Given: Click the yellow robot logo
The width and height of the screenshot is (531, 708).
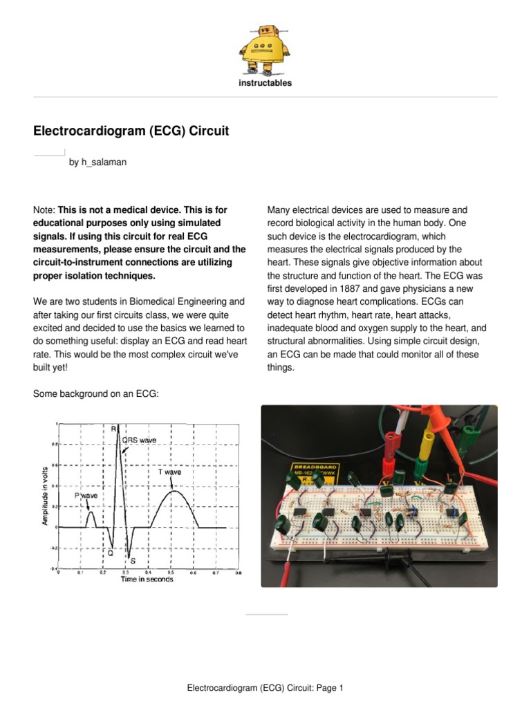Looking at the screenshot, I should [265, 49].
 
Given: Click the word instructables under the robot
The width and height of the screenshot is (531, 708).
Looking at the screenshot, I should [265, 83].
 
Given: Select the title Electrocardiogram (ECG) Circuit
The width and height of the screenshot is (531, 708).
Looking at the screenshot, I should [131, 131].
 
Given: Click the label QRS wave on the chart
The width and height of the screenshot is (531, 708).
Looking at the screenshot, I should [139, 439].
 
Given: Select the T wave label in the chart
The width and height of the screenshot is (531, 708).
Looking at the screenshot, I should [169, 472].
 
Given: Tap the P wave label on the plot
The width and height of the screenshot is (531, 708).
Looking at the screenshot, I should [86, 496].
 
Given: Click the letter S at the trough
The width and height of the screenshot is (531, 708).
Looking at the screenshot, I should [133, 561].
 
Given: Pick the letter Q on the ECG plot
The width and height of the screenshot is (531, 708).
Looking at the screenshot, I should [110, 553].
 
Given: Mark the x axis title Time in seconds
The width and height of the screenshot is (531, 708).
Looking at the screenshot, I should [147, 579].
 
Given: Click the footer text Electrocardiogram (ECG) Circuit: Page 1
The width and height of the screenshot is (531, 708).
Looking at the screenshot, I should [265, 688].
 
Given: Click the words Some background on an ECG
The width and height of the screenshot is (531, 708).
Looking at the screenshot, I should [96, 393].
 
